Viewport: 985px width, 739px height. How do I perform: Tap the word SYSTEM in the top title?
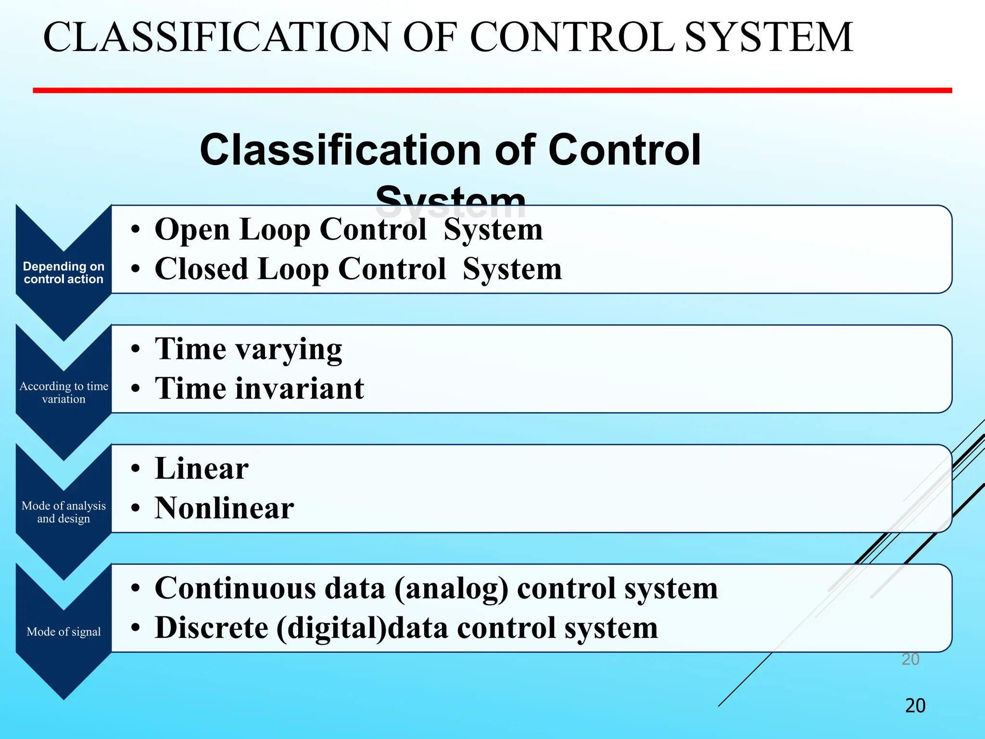[768, 38]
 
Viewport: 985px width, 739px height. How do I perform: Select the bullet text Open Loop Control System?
[349, 229]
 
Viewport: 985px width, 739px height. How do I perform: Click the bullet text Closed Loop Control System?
[358, 269]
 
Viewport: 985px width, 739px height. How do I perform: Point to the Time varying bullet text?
[248, 349]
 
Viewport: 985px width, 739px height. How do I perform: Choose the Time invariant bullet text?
[259, 389]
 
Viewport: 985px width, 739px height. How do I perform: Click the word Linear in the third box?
[202, 469]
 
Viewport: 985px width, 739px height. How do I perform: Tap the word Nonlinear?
[224, 509]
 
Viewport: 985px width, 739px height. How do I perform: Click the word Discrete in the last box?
[212, 628]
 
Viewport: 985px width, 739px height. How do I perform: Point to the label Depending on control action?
[63, 273]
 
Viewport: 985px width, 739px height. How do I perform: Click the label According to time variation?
[63, 393]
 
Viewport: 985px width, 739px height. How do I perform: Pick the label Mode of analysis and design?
[63, 512]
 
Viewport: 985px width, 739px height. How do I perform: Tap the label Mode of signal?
[63, 632]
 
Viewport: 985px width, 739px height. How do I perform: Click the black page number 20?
[915, 706]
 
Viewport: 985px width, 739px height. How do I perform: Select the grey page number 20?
[910, 659]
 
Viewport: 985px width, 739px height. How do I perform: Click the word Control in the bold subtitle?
[624, 150]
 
